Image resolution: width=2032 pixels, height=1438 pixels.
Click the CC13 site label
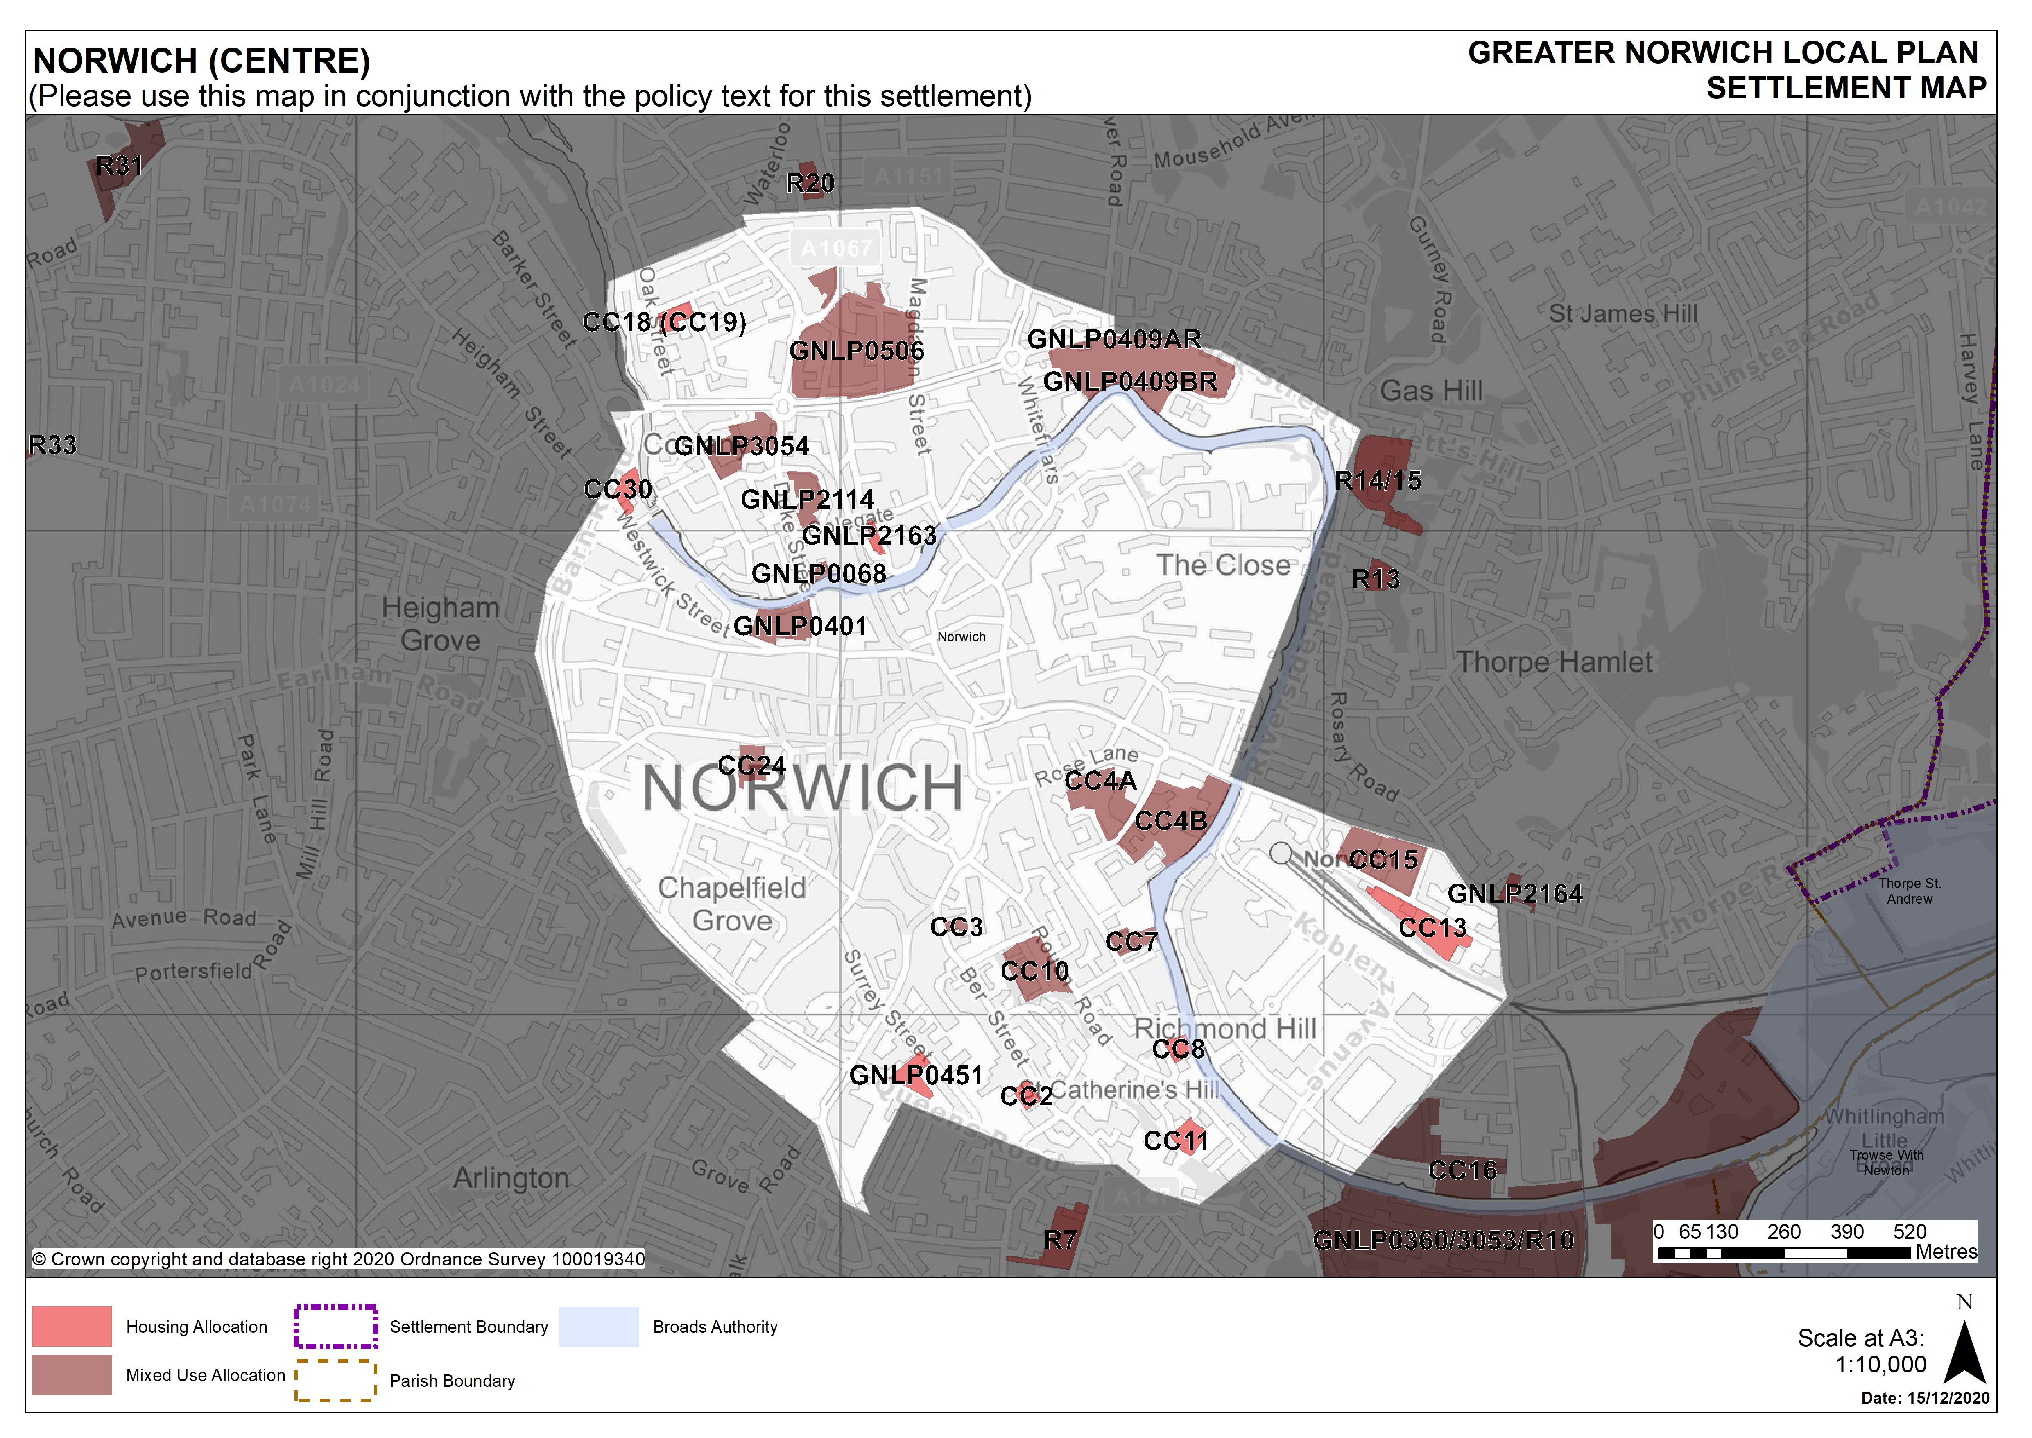coord(1432,928)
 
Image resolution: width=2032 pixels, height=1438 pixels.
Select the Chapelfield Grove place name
coord(732,904)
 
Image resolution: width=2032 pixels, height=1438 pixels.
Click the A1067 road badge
coord(836,249)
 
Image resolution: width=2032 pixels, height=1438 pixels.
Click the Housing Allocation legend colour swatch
coord(72,1326)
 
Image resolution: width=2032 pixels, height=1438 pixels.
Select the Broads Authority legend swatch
coord(598,1326)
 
